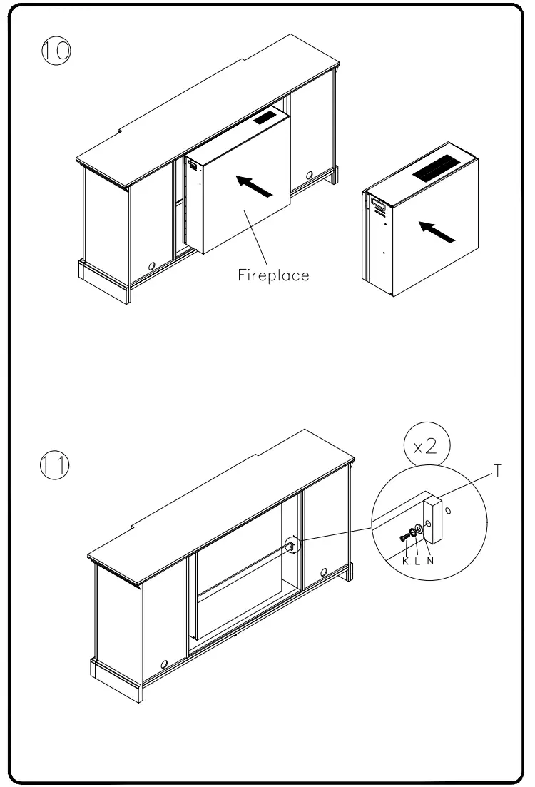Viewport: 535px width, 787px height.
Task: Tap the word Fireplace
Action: [274, 275]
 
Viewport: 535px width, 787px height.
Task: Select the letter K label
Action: [405, 562]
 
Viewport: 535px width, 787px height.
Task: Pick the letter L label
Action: [417, 562]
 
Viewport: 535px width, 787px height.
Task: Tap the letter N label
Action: [430, 562]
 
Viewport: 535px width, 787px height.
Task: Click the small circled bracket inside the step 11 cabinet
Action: [292, 545]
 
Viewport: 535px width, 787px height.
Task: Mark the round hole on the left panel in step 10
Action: [151, 265]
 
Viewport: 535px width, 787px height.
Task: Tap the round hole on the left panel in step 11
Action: [164, 664]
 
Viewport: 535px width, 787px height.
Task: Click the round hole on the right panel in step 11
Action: [324, 572]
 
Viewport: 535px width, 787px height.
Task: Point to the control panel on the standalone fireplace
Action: [377, 207]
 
